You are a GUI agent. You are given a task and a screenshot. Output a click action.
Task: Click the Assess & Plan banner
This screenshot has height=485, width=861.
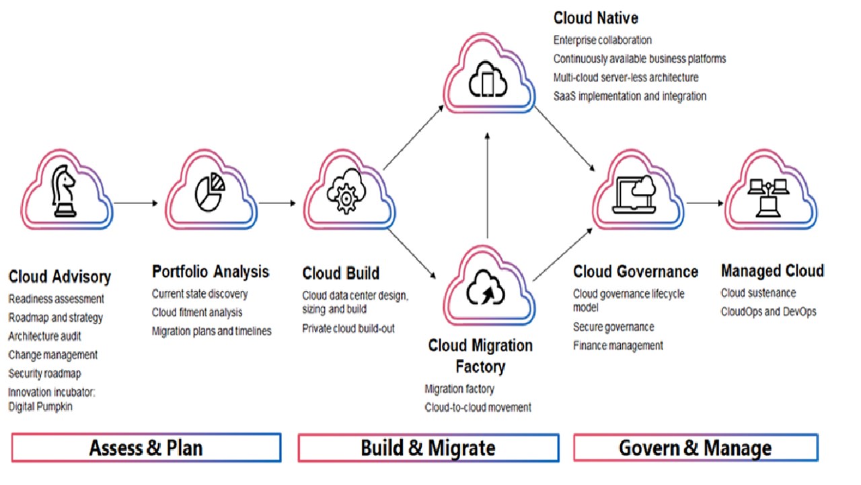point(146,448)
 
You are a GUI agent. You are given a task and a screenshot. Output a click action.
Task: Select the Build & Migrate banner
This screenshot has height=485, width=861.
point(428,448)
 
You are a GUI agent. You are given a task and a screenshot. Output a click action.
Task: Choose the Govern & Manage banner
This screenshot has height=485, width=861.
point(695,448)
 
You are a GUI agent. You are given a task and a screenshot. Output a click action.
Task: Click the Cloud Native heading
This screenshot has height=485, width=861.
point(596,18)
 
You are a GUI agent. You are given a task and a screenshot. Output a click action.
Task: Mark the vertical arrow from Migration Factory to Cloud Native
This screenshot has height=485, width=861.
point(488,185)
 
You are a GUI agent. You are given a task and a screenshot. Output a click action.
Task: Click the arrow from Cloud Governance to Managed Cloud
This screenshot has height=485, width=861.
point(705,202)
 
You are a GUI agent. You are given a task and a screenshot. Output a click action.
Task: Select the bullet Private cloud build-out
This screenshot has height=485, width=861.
point(348,329)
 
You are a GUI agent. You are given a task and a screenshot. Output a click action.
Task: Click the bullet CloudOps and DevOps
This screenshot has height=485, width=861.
point(768,311)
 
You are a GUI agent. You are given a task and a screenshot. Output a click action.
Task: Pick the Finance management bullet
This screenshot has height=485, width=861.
point(618,346)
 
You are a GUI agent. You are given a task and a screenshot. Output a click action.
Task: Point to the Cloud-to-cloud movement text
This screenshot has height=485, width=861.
point(478,408)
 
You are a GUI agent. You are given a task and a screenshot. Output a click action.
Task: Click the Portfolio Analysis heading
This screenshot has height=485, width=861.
point(211,271)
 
